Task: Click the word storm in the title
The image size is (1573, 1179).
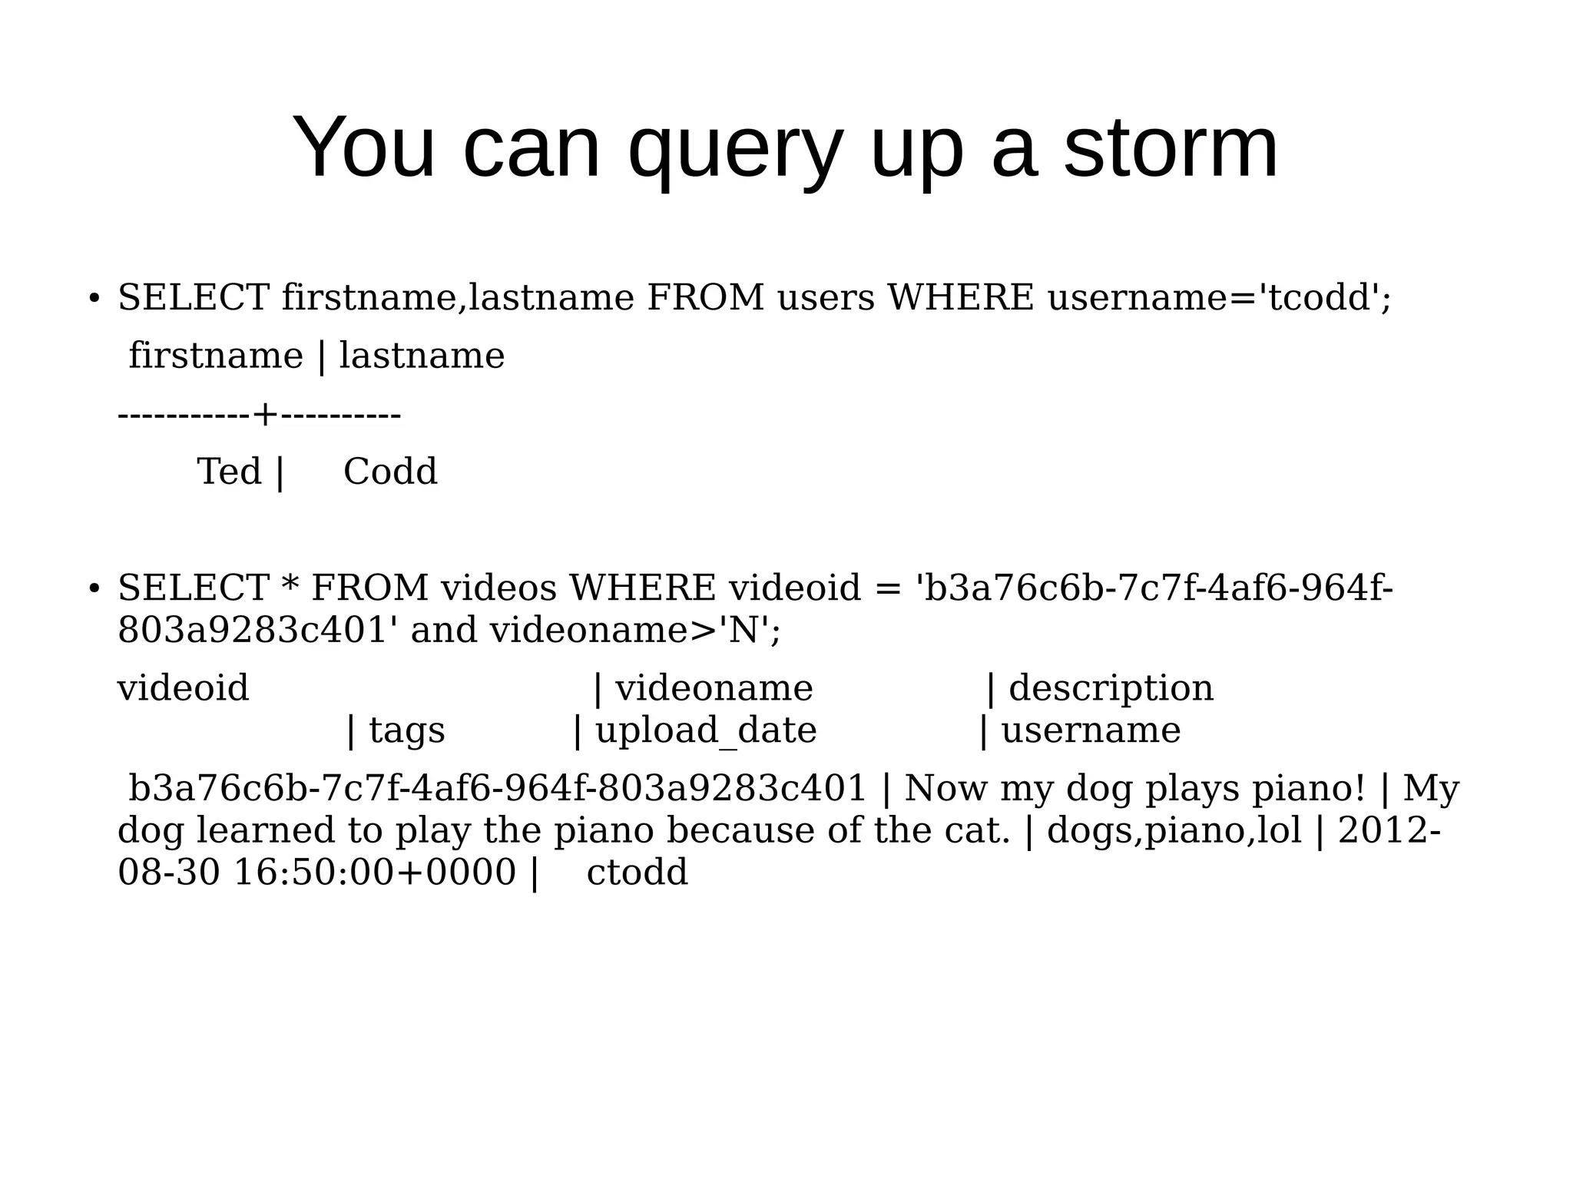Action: click(x=1171, y=147)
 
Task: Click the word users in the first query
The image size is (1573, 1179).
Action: click(x=826, y=297)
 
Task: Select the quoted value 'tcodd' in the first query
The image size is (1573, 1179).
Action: click(x=1319, y=297)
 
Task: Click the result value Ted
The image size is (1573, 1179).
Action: click(x=229, y=471)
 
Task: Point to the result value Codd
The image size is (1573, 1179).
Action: click(x=390, y=471)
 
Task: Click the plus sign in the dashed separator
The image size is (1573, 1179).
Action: click(x=265, y=416)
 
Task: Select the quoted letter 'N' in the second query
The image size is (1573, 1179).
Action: click(x=743, y=631)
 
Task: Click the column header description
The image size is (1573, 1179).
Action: click(x=1111, y=688)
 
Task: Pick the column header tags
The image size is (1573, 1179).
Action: click(x=406, y=730)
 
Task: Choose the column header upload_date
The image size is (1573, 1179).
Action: click(x=705, y=730)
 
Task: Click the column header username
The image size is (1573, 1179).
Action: click(x=1091, y=730)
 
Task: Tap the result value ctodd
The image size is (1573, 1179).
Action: click(x=637, y=873)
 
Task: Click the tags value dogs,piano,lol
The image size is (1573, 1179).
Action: click(x=1174, y=830)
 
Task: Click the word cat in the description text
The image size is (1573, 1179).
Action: click(x=981, y=830)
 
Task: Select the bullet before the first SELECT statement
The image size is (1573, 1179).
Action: click(x=94, y=298)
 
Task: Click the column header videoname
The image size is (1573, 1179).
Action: click(x=714, y=688)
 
